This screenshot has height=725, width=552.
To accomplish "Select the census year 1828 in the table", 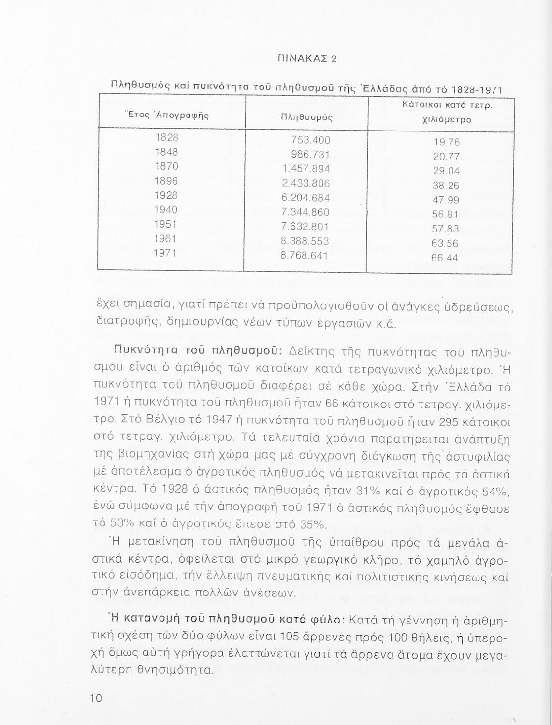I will click(x=166, y=137).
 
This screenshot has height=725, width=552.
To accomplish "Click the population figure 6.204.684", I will click(x=305, y=198).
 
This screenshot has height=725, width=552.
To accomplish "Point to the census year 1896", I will click(x=166, y=181).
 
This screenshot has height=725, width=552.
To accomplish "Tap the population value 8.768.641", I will click(x=305, y=255).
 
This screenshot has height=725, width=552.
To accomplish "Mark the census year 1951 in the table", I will click(x=166, y=224).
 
